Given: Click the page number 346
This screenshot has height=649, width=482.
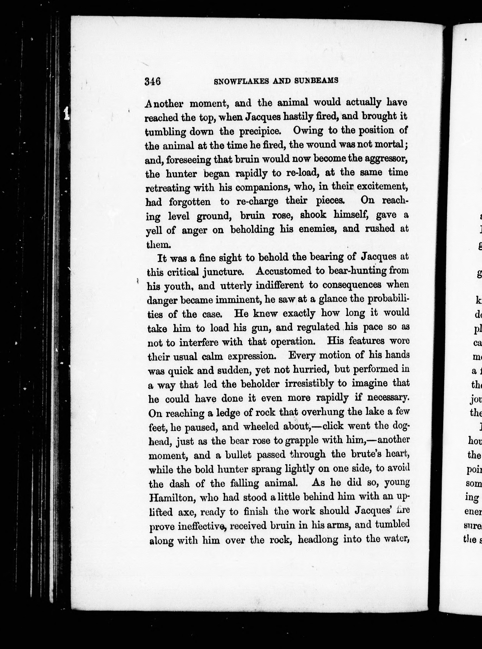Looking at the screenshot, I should click(x=152, y=81).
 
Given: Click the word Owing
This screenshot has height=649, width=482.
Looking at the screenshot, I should click(x=308, y=130).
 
